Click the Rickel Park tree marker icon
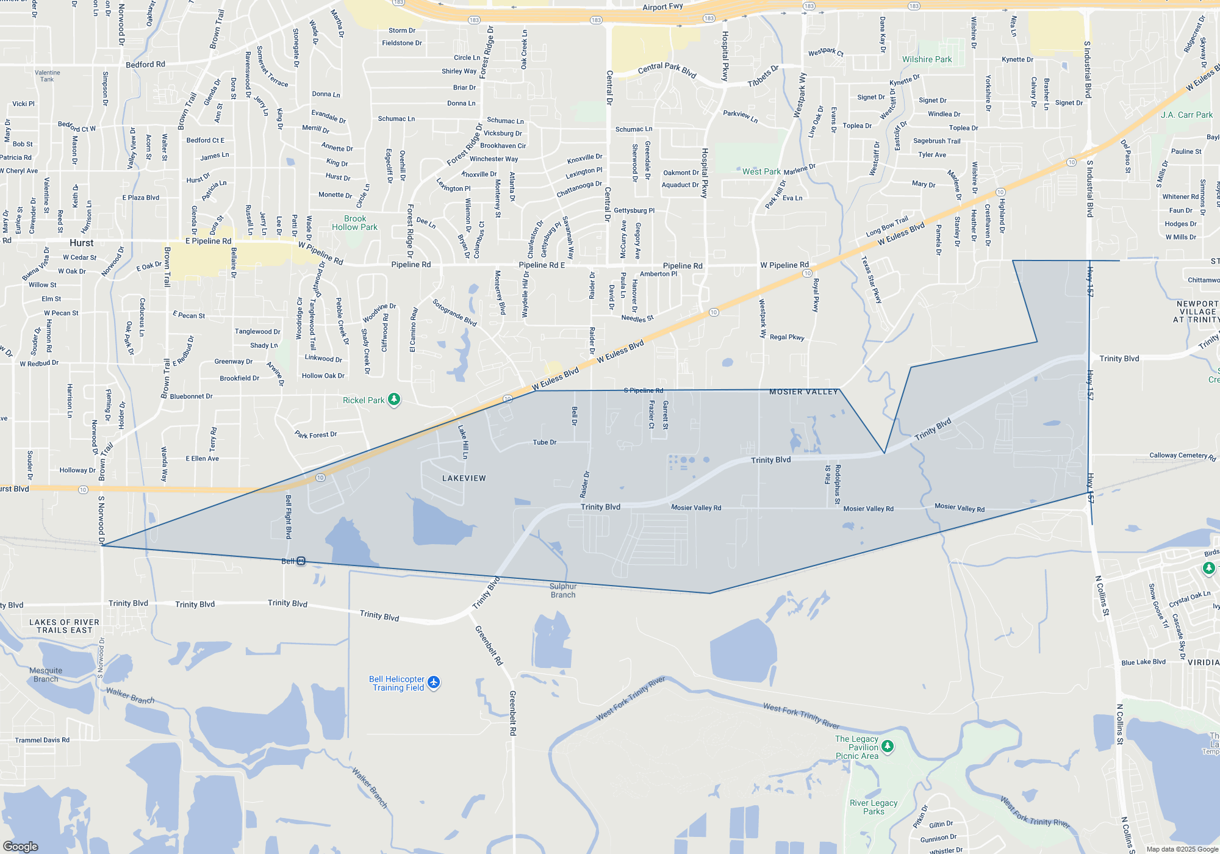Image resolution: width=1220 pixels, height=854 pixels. (394, 400)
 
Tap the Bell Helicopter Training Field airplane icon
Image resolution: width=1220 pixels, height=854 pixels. (434, 682)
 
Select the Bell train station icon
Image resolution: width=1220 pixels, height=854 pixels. (301, 561)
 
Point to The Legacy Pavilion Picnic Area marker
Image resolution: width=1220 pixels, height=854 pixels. (888, 746)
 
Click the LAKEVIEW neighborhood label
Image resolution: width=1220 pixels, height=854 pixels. (464, 478)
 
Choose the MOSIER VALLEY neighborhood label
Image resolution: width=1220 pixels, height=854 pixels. (803, 392)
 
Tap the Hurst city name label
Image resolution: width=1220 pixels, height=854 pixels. (81, 243)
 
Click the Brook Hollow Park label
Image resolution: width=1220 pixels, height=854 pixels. (354, 223)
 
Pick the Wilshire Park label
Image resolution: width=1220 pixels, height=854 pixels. (927, 59)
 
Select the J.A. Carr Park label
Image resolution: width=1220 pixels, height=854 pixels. (1186, 115)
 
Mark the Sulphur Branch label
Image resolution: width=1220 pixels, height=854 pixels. (562, 590)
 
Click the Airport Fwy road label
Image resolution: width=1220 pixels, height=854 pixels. (662, 7)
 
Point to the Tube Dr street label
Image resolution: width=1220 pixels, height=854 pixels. (544, 442)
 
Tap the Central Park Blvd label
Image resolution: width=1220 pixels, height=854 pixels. (667, 69)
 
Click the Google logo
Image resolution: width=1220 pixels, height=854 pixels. (21, 846)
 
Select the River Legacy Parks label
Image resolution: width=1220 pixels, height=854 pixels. (874, 807)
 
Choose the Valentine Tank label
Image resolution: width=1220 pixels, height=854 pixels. (47, 76)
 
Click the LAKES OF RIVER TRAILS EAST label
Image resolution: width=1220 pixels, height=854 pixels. (64, 626)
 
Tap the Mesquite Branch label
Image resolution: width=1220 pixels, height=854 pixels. (46, 675)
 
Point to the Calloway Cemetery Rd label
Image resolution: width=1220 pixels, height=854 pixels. (1182, 456)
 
